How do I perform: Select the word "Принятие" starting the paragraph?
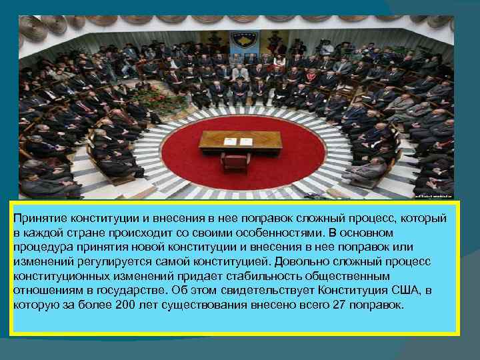click(39, 219)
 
